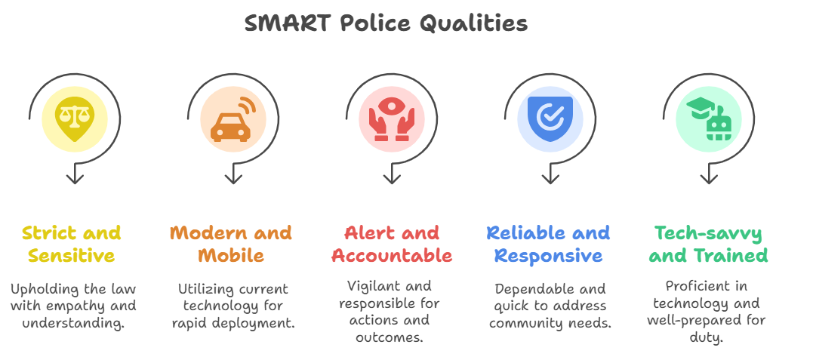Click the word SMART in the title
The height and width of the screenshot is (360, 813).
click(288, 23)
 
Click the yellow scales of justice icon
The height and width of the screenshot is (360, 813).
click(75, 118)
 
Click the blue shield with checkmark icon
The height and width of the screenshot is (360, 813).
click(550, 118)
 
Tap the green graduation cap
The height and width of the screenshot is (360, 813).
click(700, 107)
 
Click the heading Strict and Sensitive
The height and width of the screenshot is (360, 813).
click(72, 244)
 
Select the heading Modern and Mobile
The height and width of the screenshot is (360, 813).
click(231, 244)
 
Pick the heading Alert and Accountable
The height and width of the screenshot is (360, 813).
click(392, 244)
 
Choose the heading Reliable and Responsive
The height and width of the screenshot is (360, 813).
click(549, 244)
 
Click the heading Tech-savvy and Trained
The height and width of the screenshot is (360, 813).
click(708, 245)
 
